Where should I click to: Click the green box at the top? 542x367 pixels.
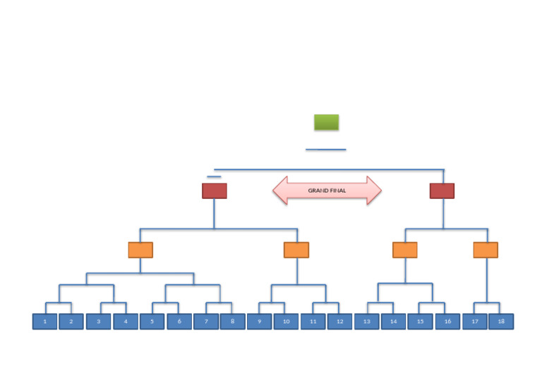(326, 122)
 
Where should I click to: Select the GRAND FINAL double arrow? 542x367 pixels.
(327, 191)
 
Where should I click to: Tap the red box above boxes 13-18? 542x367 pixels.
(442, 191)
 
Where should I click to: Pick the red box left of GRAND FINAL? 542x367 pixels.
(214, 191)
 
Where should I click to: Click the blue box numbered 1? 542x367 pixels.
(44, 322)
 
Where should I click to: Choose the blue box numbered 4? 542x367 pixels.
(126, 322)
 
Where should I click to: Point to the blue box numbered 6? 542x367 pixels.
(179, 322)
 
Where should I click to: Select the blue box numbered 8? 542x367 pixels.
(232, 322)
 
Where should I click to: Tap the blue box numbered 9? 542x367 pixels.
(259, 322)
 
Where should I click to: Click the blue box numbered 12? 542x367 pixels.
(339, 322)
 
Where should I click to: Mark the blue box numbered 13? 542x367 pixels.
(367, 322)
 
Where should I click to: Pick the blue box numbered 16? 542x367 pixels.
(447, 322)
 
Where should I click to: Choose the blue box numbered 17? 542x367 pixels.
(474, 322)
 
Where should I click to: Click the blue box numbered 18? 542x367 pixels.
(501, 322)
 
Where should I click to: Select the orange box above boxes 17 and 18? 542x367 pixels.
(486, 250)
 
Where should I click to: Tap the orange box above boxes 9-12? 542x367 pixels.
(296, 250)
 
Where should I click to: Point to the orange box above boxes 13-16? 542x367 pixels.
(405, 250)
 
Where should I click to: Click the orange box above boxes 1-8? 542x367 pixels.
(140, 250)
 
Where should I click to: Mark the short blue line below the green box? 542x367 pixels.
(326, 150)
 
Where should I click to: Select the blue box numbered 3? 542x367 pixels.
(99, 322)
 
